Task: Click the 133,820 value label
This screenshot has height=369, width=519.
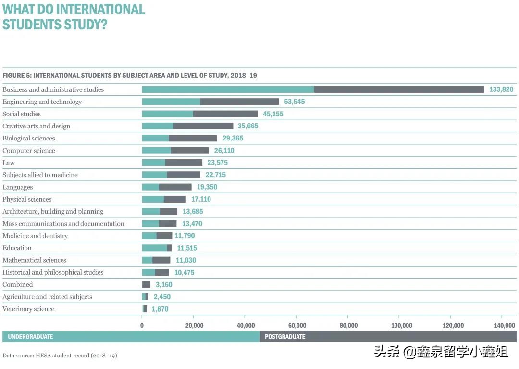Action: tap(501, 89)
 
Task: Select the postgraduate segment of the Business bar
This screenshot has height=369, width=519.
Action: tap(399, 89)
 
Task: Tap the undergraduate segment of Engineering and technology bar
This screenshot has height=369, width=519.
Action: tap(171, 102)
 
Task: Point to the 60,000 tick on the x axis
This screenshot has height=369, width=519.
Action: tap(297, 325)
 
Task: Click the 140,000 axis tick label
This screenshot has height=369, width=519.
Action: tap(504, 325)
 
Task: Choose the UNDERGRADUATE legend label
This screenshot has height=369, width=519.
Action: tap(30, 337)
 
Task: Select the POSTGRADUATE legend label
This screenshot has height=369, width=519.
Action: tap(285, 337)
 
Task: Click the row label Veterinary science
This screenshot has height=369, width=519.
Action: tap(28, 309)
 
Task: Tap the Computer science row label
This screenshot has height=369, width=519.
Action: tap(29, 151)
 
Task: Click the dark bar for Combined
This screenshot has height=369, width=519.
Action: tap(146, 284)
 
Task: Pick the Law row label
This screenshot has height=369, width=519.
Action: tap(9, 163)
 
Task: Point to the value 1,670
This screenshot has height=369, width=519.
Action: tap(160, 309)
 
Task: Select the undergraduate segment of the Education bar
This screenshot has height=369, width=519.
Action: tap(154, 248)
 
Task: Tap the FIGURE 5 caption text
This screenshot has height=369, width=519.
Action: tap(130, 76)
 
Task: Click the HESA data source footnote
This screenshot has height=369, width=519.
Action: tap(60, 356)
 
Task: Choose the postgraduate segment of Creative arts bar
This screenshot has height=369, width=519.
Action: tap(203, 126)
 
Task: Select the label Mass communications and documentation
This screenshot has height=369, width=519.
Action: tap(63, 224)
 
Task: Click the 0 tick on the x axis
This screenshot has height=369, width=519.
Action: tap(142, 325)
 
